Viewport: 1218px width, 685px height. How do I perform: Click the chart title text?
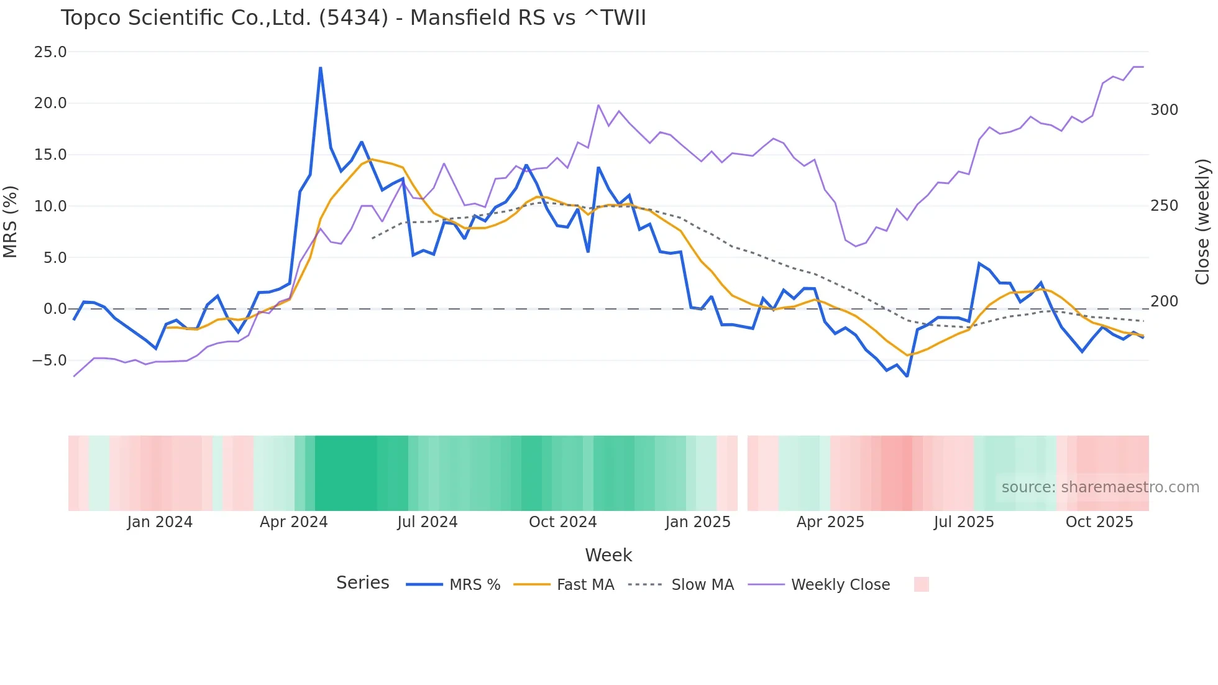tap(353, 18)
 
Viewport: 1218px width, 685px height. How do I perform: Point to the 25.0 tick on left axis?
tap(50, 52)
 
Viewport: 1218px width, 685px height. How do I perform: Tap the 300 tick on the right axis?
tap(1164, 110)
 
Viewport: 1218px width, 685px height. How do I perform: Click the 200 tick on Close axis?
tap(1164, 301)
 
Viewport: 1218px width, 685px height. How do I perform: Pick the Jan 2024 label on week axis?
tap(160, 522)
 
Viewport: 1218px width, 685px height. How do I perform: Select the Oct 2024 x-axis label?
tap(562, 522)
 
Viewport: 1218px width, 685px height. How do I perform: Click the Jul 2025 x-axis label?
tap(963, 522)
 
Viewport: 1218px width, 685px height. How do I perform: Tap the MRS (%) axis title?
tap(10, 221)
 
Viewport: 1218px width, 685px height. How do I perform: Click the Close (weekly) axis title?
tap(1202, 221)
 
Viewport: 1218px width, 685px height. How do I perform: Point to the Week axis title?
tap(608, 555)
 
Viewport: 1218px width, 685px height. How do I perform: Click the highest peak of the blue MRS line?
tap(321, 68)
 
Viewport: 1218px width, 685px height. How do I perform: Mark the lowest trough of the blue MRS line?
tap(907, 376)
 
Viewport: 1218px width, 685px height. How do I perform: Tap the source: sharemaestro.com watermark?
tap(1100, 487)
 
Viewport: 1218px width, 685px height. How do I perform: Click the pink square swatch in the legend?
tap(921, 584)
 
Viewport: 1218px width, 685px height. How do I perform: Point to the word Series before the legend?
tap(362, 583)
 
